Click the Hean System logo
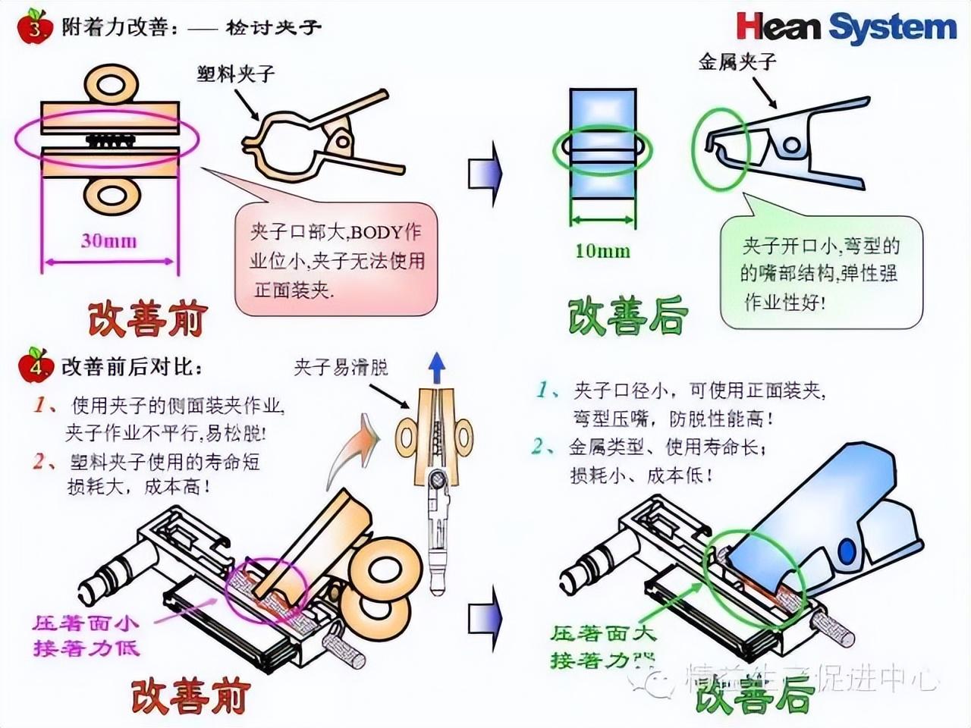tap(846, 27)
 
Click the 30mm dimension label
tap(109, 241)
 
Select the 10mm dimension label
tap(602, 250)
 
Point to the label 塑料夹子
tap(235, 74)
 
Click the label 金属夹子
tap(737, 61)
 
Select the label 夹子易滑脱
tap(341, 368)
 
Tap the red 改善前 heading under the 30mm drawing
tap(147, 319)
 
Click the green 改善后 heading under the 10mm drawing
tap(628, 317)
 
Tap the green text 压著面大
tap(602, 633)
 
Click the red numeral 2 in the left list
tap(39, 460)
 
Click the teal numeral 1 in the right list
tap(543, 390)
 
